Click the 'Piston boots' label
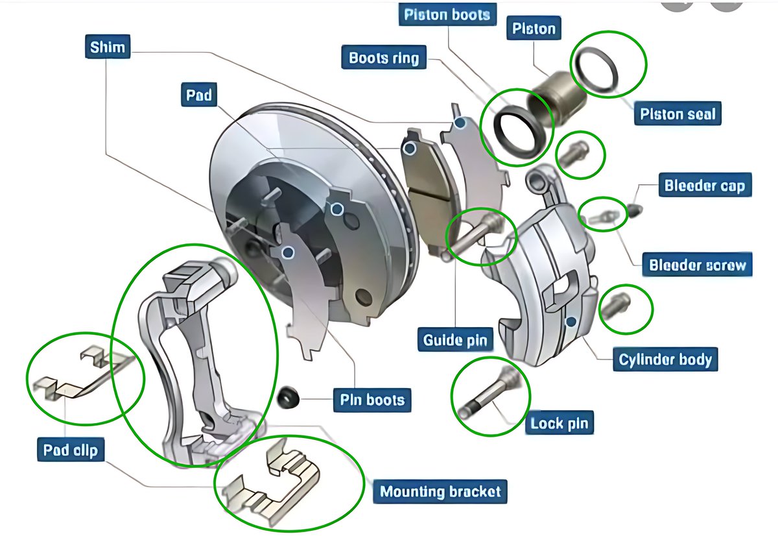click(447, 15)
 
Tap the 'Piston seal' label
click(678, 114)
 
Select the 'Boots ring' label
click(384, 58)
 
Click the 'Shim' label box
click(108, 47)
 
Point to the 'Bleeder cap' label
click(704, 186)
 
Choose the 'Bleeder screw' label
click(698, 265)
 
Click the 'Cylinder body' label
click(665, 359)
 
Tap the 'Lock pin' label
click(559, 424)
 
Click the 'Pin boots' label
click(372, 400)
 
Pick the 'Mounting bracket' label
click(440, 491)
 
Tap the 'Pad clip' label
click(71, 449)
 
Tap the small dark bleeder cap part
click(635, 209)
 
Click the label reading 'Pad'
click(199, 95)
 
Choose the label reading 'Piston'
click(534, 29)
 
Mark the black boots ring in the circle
click(516, 130)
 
